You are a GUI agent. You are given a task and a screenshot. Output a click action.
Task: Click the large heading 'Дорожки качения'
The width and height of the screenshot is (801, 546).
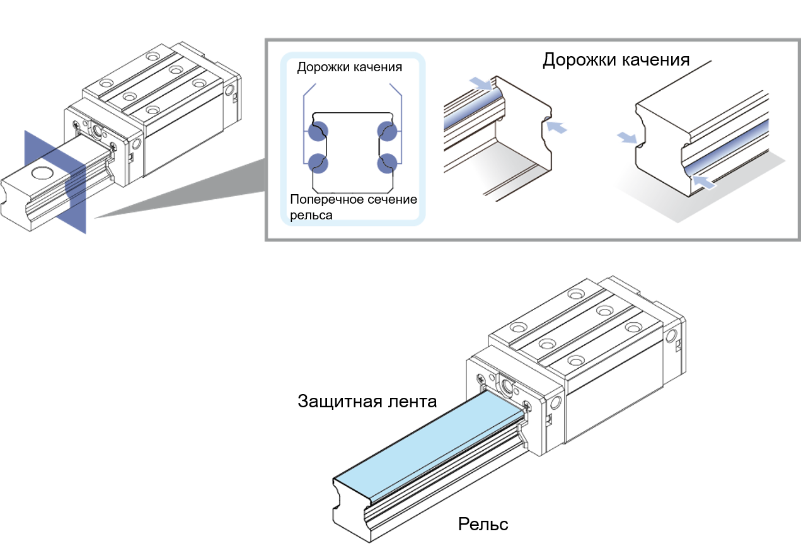616,60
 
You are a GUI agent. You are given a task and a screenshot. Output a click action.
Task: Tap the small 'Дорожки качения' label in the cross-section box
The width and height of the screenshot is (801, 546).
349,67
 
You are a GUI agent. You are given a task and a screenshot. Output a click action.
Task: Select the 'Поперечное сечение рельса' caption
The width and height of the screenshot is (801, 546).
354,207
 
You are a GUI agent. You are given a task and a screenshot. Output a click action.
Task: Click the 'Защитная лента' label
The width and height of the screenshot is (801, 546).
367,402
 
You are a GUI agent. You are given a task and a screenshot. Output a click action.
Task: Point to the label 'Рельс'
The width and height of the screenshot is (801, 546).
483,524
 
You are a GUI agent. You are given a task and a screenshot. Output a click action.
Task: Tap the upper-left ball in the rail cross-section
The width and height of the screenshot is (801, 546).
318,131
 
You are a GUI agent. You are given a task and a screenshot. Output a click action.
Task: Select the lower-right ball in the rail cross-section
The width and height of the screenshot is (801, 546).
388,163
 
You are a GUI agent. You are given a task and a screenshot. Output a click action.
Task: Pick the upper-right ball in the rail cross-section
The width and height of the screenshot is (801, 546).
388,131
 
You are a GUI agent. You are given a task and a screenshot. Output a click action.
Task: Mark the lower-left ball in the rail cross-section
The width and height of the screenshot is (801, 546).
318,163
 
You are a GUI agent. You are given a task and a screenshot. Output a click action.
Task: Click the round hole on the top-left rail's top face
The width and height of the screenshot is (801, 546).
43,173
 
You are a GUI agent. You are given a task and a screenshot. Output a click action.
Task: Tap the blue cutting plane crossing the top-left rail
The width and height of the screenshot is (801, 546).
55,182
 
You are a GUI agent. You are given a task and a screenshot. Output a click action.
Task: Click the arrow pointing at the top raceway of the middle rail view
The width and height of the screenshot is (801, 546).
481,83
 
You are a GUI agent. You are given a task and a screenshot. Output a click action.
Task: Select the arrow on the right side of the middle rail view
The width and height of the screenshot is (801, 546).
556,127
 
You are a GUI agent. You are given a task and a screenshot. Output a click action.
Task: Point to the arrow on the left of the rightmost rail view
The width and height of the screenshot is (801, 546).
627,137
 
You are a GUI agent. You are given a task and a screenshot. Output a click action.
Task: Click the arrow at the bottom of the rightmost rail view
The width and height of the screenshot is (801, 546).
704,182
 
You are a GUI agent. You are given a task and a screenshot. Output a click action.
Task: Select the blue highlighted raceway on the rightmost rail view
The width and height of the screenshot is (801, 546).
726,146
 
